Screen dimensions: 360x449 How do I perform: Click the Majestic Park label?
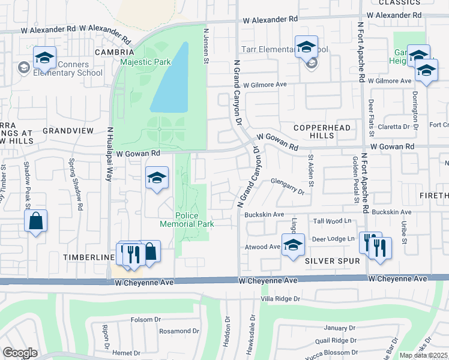[145, 62]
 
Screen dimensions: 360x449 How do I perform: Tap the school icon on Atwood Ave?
[292, 246]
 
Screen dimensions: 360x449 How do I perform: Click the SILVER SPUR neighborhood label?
[332, 261]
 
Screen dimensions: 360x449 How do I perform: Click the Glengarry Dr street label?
[288, 182]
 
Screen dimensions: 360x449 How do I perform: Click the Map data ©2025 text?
[423, 355]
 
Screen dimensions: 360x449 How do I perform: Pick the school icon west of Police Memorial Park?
[157, 178]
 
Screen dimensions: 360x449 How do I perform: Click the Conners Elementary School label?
[68, 69]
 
